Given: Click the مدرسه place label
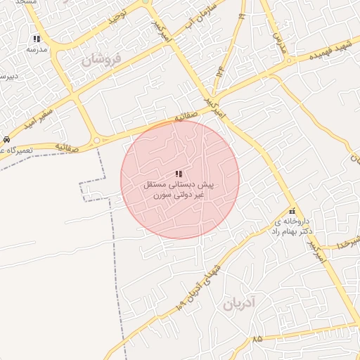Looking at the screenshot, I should tap(37, 50).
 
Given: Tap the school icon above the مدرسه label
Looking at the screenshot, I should tap(37, 39).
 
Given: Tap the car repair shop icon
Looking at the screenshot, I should tap(6, 139).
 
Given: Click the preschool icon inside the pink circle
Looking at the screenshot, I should tap(179, 174).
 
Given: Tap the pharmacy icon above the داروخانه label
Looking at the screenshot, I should tap(292, 212).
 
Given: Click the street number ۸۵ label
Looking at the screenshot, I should tap(257, 339).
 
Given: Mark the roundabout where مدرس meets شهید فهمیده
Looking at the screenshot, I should tap(288, 61).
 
